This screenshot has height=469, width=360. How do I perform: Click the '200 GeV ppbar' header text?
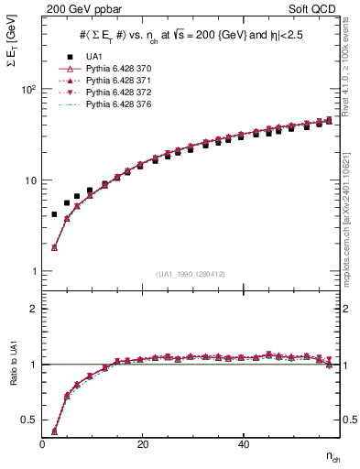(84, 9)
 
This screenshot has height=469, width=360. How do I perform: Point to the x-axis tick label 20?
(142, 444)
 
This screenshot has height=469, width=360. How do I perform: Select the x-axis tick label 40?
(242, 444)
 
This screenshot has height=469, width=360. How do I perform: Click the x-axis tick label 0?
(43, 444)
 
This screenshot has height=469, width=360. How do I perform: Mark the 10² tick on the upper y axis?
(28, 90)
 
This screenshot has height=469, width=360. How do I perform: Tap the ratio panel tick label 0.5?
(28, 420)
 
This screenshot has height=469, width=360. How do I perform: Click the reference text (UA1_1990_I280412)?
(191, 274)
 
